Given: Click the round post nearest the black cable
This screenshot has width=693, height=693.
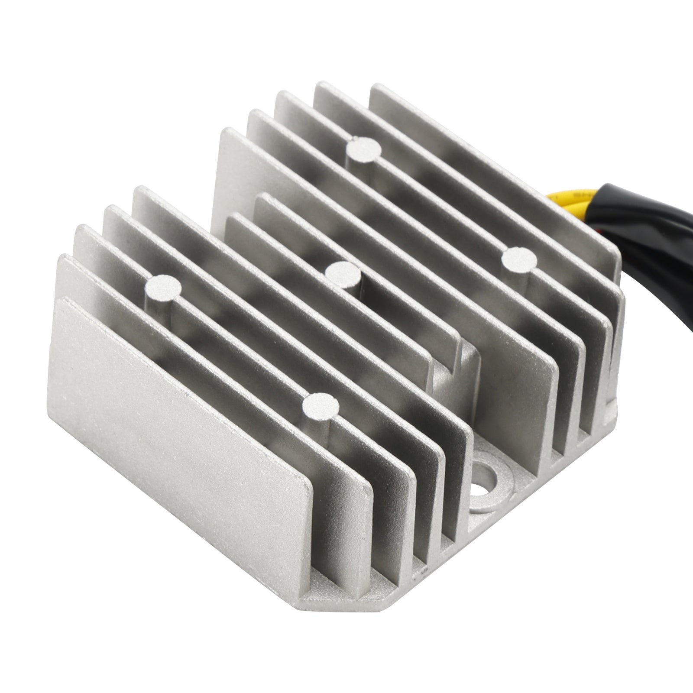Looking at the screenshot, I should click(x=519, y=259).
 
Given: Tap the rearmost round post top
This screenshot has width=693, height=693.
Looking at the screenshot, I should click(x=364, y=149).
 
